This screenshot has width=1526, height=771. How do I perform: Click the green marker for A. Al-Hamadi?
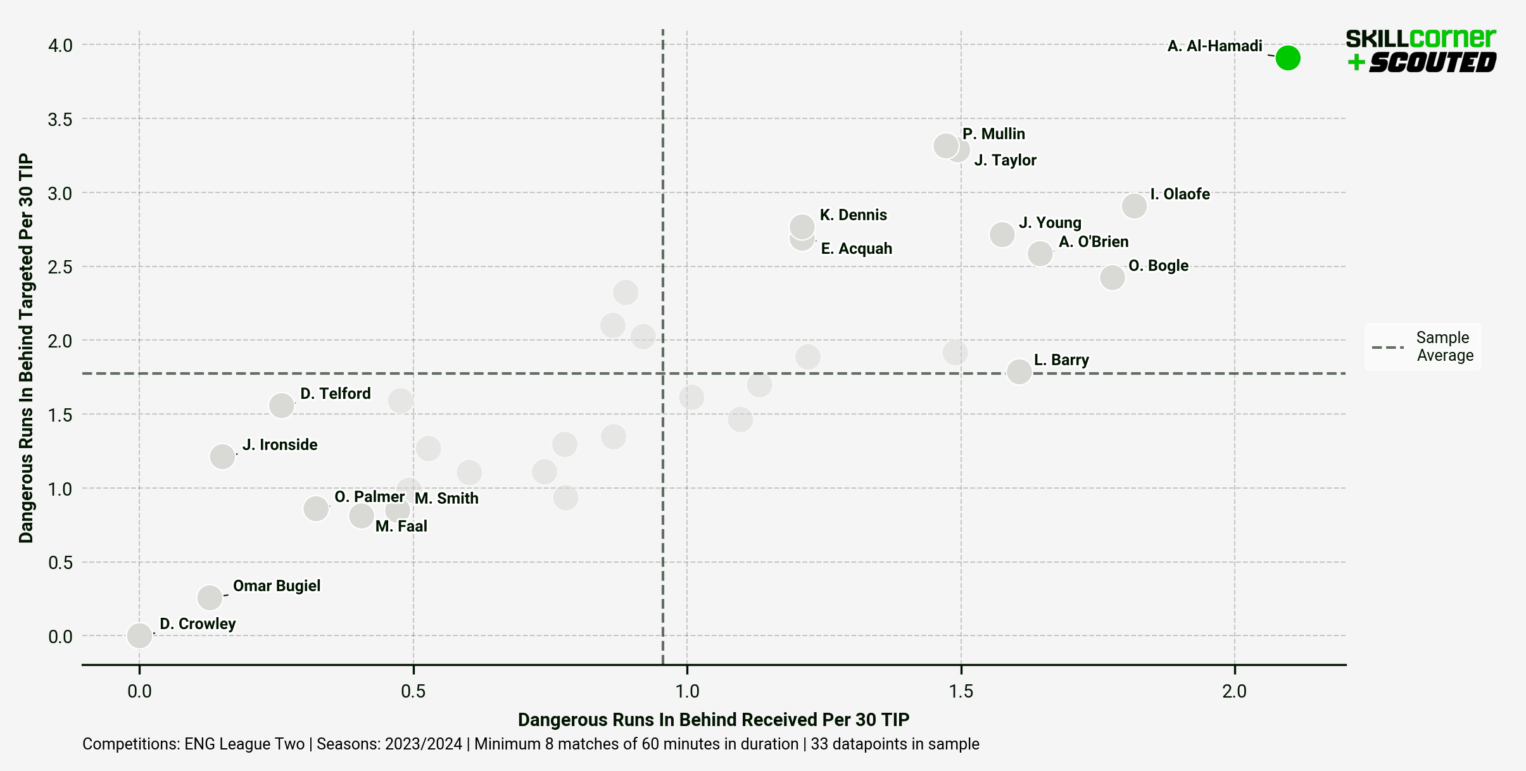pyautogui.click(x=1287, y=58)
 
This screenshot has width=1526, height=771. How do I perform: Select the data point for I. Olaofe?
pyautogui.click(x=1134, y=206)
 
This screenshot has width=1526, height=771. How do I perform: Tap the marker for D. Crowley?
pyautogui.click(x=139, y=635)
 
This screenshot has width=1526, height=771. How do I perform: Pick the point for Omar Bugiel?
pyautogui.click(x=210, y=597)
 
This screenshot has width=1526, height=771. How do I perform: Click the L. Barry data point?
pyautogui.click(x=1019, y=372)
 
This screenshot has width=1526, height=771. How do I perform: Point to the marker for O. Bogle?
pyautogui.click(x=1112, y=277)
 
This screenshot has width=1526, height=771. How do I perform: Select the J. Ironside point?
pyautogui.click(x=222, y=456)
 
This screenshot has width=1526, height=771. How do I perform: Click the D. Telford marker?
pyautogui.click(x=282, y=405)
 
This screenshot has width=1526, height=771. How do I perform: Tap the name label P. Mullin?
pyautogui.click(x=993, y=134)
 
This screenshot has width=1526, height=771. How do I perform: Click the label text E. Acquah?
pyautogui.click(x=856, y=249)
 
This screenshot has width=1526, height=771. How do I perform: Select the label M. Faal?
pyautogui.click(x=401, y=527)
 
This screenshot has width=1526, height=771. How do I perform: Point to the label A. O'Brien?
pyautogui.click(x=1094, y=242)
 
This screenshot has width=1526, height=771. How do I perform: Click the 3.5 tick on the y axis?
pyautogui.click(x=60, y=120)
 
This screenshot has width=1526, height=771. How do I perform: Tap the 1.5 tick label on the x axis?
pyautogui.click(x=961, y=691)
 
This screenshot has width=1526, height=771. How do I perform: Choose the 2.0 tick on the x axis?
pyautogui.click(x=1234, y=691)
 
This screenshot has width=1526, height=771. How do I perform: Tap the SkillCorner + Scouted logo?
pyautogui.click(x=1420, y=51)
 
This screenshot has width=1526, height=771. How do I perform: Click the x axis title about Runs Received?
pyautogui.click(x=714, y=720)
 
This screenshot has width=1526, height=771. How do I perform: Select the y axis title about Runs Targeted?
pyautogui.click(x=26, y=348)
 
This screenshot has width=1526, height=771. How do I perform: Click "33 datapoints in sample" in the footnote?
pyautogui.click(x=895, y=744)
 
